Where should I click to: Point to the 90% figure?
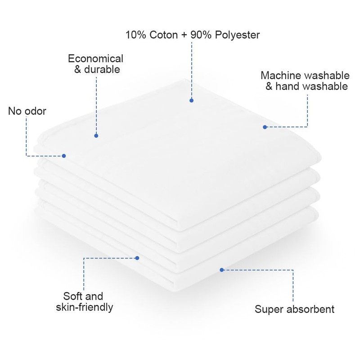201,35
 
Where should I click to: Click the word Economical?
95,58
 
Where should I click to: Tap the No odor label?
27,111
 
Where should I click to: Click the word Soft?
72,296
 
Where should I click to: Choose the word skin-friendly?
84,307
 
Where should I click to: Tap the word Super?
268,309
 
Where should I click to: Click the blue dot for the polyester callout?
192,100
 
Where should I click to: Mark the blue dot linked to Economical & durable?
96,135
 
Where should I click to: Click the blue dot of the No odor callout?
64,156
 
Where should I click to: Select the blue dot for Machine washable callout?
265,127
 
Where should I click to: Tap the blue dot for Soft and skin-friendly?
137,258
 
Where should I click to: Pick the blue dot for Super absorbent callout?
221,270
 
